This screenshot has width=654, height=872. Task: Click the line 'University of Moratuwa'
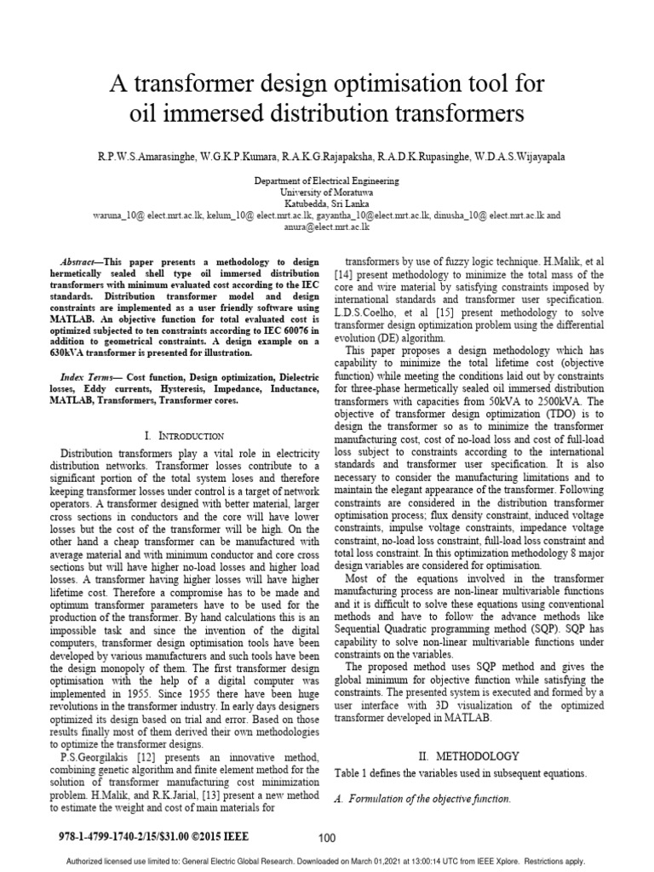click(x=328, y=193)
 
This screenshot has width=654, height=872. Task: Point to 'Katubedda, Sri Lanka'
click(x=328, y=204)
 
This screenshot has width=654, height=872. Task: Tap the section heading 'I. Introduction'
click(x=185, y=435)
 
